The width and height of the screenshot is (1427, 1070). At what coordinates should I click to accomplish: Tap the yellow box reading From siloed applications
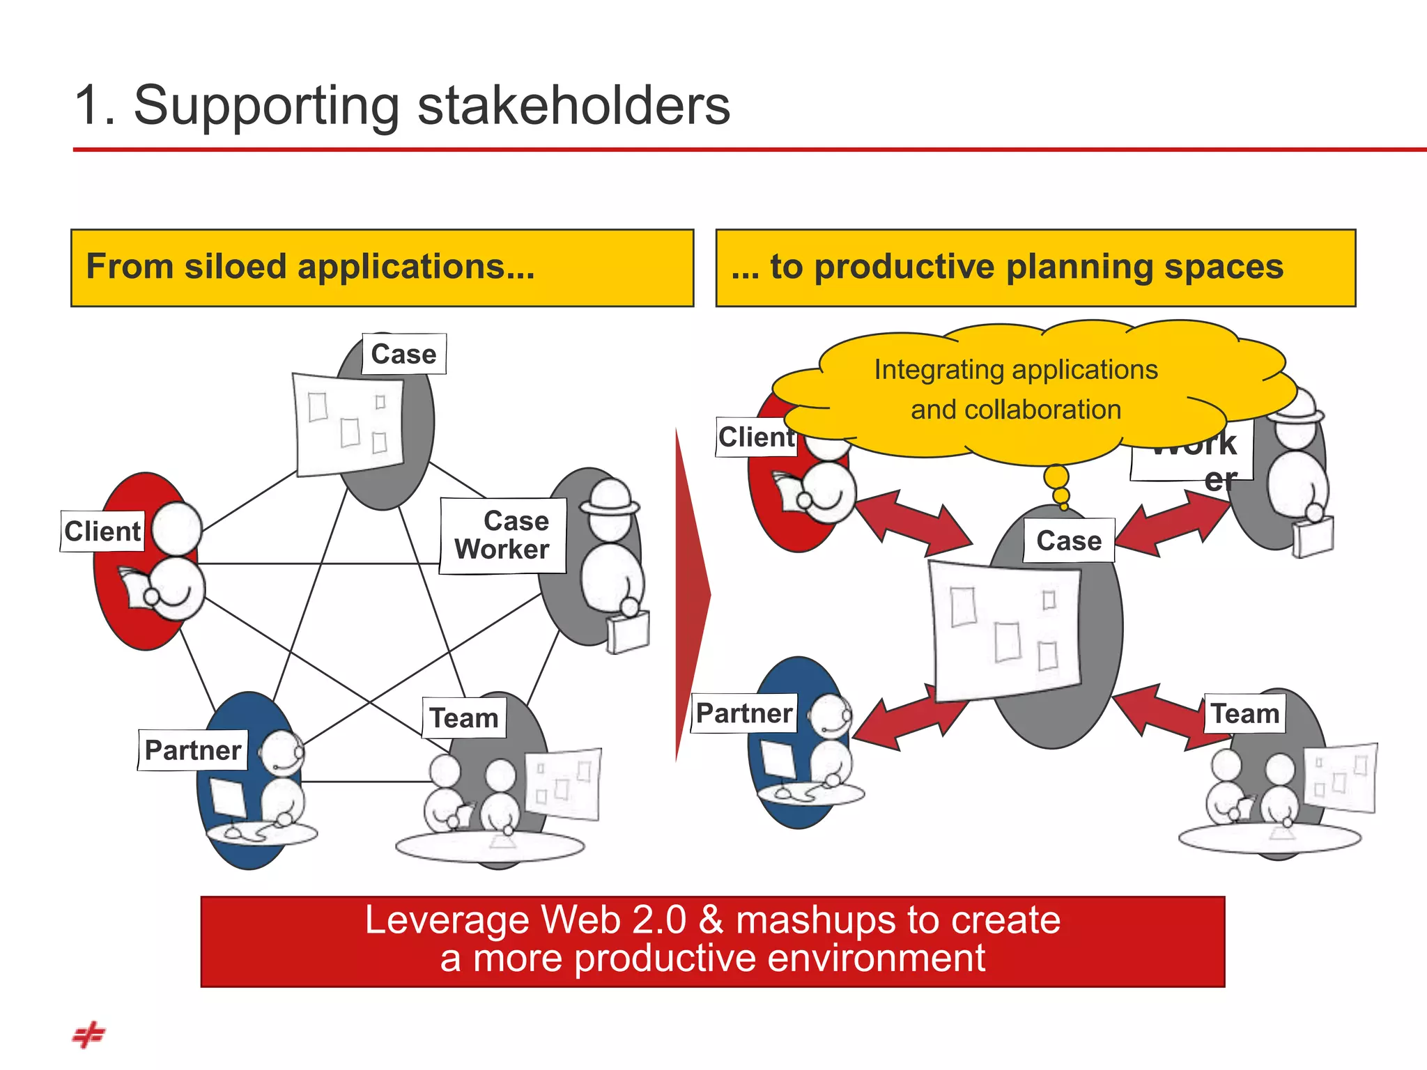pos(382,267)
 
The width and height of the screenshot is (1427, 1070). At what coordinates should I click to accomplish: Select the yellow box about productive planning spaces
pos(1035,267)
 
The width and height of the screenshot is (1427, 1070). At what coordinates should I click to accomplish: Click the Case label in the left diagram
pos(404,354)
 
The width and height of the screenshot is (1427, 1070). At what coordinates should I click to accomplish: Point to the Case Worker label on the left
pos(503,536)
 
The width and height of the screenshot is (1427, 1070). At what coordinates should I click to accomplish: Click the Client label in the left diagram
pos(102,532)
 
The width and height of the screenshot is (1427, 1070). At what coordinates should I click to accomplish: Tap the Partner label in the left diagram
pos(193,750)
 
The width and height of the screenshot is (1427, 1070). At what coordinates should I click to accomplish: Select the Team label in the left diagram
pos(464,718)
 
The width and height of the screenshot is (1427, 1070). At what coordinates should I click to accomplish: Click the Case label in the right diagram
pos(1069,541)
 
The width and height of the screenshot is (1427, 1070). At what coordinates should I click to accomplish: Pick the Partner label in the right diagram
pos(744,713)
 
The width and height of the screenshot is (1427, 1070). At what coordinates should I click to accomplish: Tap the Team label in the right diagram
pos(1245,713)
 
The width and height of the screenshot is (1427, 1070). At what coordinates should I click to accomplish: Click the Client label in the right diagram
pos(756,437)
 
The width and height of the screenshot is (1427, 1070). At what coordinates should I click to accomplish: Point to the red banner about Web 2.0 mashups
pos(712,941)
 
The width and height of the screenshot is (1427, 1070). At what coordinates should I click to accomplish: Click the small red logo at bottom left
pos(88,1034)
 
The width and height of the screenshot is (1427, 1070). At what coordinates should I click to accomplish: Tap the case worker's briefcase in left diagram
pos(628,631)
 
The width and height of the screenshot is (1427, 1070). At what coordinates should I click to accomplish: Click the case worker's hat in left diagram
pos(610,495)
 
